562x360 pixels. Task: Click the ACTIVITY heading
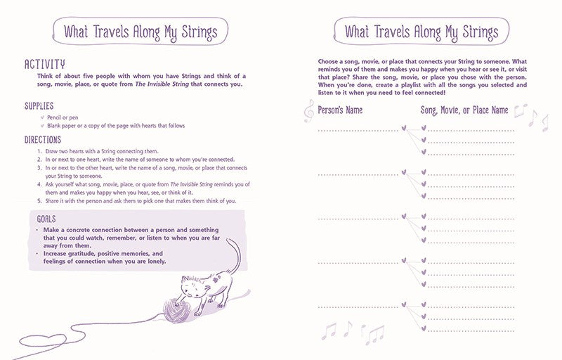[45, 64]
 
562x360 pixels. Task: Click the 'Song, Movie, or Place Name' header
[464, 110]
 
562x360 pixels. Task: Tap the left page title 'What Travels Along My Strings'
[140, 32]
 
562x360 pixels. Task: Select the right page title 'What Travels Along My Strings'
[421, 32]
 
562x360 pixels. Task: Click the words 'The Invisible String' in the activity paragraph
[156, 84]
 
